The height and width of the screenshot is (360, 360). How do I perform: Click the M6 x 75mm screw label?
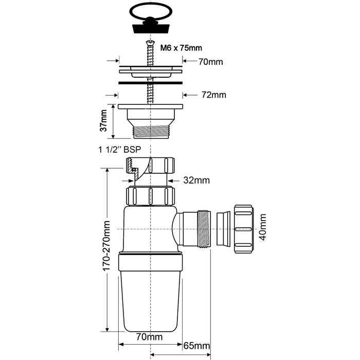click(x=181, y=48)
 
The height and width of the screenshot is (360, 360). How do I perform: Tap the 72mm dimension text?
click(x=214, y=95)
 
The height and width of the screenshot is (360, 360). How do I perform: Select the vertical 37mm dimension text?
click(x=103, y=120)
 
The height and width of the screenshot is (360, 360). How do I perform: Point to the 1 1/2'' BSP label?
click(x=120, y=150)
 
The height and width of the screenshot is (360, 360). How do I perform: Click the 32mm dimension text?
click(x=196, y=181)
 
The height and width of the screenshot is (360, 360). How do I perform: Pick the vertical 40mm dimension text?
click(x=263, y=227)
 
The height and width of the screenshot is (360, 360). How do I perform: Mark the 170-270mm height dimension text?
click(x=106, y=246)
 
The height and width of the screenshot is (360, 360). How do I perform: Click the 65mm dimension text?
click(x=197, y=346)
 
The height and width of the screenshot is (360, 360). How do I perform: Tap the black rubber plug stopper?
click(x=151, y=26)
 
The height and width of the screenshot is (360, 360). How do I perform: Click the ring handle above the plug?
click(x=151, y=5)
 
